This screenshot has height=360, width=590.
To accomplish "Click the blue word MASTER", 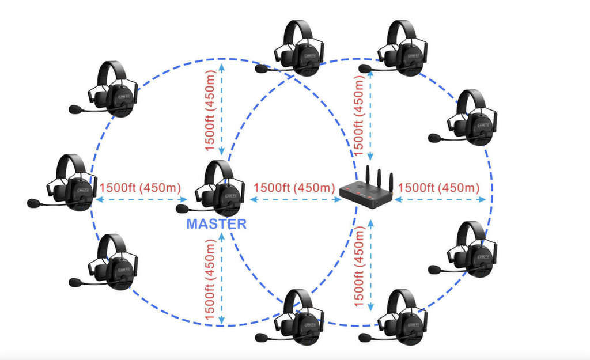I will tap(217, 223).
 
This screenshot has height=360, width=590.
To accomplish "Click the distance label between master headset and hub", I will tap(294, 188).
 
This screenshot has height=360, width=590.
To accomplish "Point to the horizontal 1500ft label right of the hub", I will tap(438, 188).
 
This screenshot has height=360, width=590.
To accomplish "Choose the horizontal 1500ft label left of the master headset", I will tap(140, 188).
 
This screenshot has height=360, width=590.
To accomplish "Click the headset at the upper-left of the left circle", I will tap(113, 89).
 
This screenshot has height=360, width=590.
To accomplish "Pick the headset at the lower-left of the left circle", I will tap(113, 262).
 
